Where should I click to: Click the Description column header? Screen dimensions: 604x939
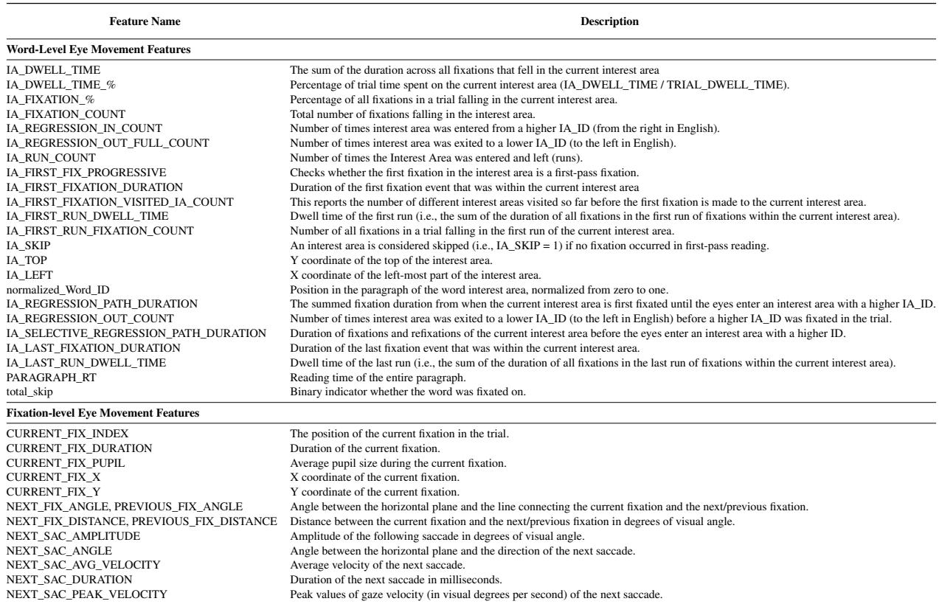pyautogui.click(x=610, y=22)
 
